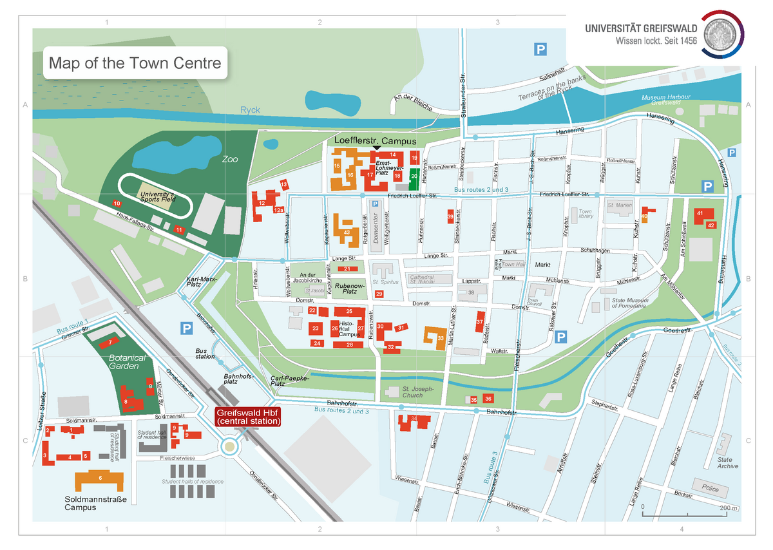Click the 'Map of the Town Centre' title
135,63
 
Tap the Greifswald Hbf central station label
249,417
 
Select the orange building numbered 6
100,479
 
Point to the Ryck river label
250,110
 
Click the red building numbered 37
480,321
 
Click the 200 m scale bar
687,513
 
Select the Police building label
710,489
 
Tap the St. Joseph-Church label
417,392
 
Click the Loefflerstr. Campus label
375,141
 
